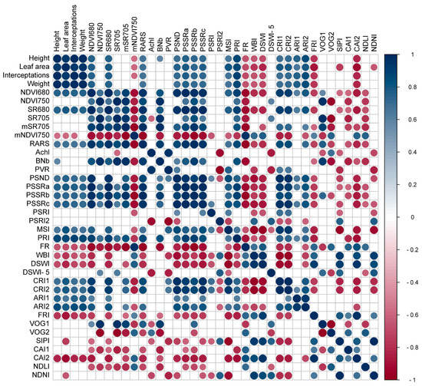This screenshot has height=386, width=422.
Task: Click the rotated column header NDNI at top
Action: click(374, 40)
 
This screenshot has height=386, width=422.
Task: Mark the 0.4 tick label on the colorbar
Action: click(409, 153)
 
